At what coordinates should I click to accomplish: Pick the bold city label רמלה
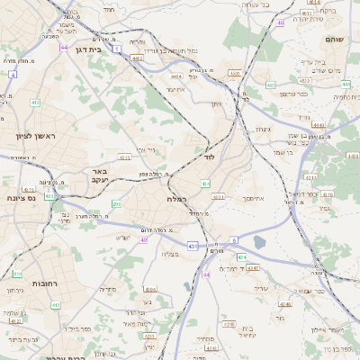(175, 198)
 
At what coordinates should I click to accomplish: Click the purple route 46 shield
(282, 22)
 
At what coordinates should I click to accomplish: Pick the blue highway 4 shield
(13, 75)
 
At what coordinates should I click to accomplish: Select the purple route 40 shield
(144, 239)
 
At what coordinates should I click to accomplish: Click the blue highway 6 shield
(233, 240)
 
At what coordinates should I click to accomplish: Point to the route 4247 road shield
(253, 268)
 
